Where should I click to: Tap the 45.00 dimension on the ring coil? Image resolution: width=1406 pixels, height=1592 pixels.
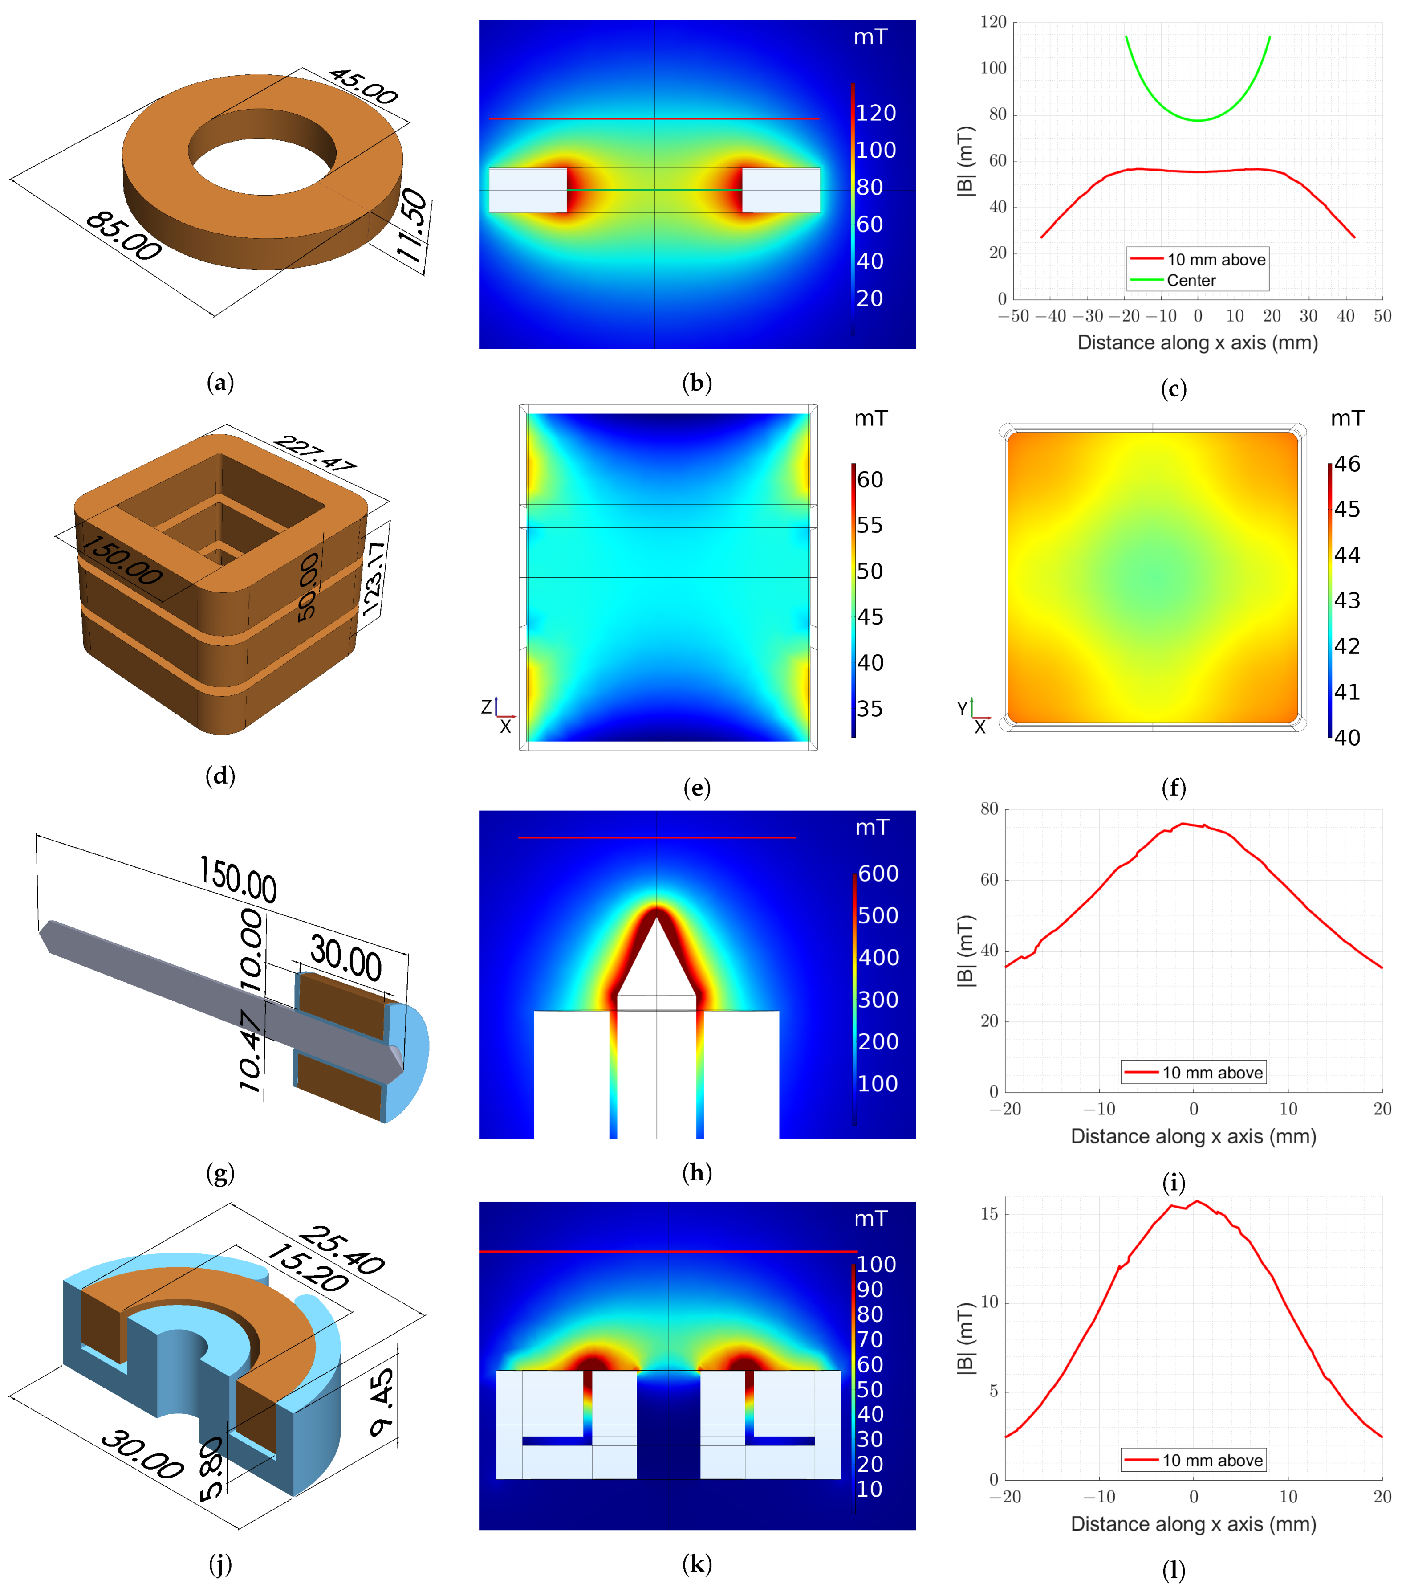pos(363,86)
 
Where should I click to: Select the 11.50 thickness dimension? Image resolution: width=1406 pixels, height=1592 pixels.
pos(412,226)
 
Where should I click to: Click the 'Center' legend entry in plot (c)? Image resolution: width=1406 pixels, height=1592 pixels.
pos(1191,280)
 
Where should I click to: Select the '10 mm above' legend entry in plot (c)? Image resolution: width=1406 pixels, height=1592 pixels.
pos(1216,259)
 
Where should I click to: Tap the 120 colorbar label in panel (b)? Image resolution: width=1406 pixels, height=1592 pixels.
pos(877,114)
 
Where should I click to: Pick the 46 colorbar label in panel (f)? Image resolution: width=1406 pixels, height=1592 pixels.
pos(1348,464)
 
